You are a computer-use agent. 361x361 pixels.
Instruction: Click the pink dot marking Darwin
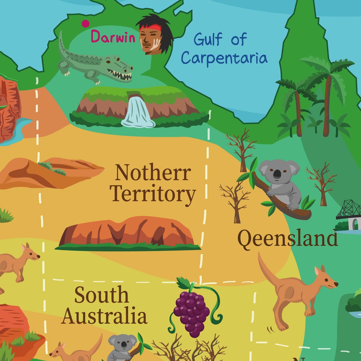pyautogui.click(x=85, y=23)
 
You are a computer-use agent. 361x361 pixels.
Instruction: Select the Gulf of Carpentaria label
pyautogui.click(x=224, y=49)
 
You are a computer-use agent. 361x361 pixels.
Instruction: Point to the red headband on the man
pyautogui.click(x=150, y=28)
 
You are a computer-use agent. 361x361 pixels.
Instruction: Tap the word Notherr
pyautogui.click(x=153, y=173)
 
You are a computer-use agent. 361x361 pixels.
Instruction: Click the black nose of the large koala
pyautogui.click(x=277, y=174)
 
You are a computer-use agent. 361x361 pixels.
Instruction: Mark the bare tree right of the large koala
pyautogui.click(x=322, y=184)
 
